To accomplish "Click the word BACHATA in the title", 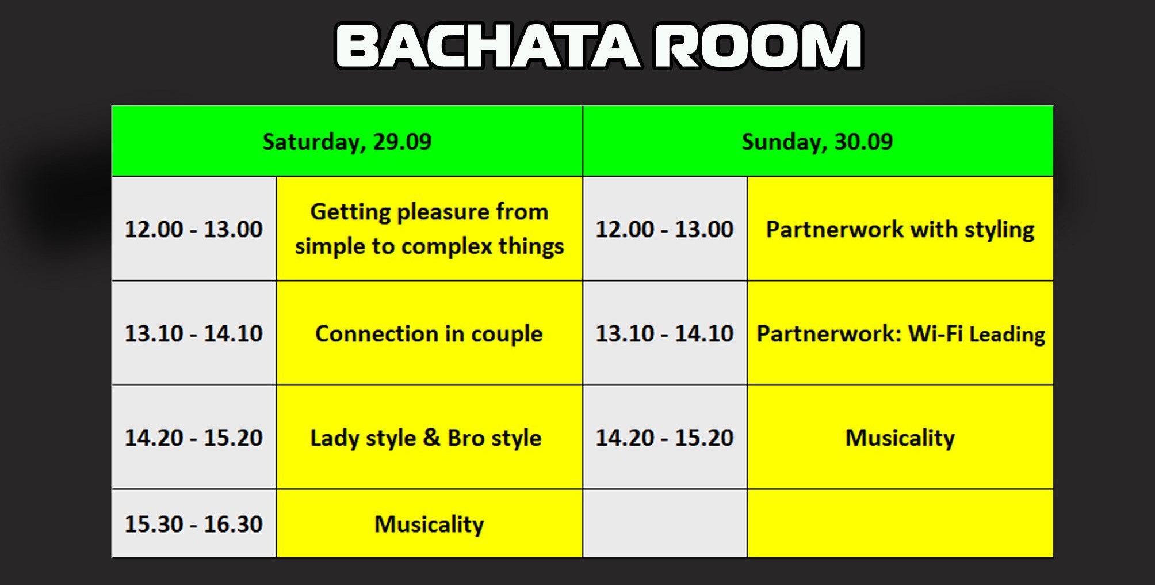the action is click(488, 46).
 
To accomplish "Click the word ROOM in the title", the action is click(759, 46).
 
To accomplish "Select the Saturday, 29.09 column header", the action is click(347, 141).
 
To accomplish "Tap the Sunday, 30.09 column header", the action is click(818, 141).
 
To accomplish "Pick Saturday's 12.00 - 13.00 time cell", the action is click(194, 229).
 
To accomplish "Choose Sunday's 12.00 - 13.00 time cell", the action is click(665, 229).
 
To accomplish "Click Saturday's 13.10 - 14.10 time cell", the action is click(194, 333).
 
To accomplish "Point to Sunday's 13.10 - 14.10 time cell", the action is click(665, 333).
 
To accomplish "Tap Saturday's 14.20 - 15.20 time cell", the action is click(194, 438).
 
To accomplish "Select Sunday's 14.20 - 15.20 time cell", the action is click(665, 438).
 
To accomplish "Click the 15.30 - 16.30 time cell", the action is click(194, 524).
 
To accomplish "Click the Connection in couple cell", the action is click(429, 333).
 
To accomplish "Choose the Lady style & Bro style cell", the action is click(429, 438).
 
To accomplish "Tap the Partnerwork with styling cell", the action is click(900, 229).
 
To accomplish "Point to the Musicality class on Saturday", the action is click(429, 524).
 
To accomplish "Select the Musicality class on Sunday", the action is click(900, 438).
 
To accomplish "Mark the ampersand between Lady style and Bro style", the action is click(431, 438).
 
